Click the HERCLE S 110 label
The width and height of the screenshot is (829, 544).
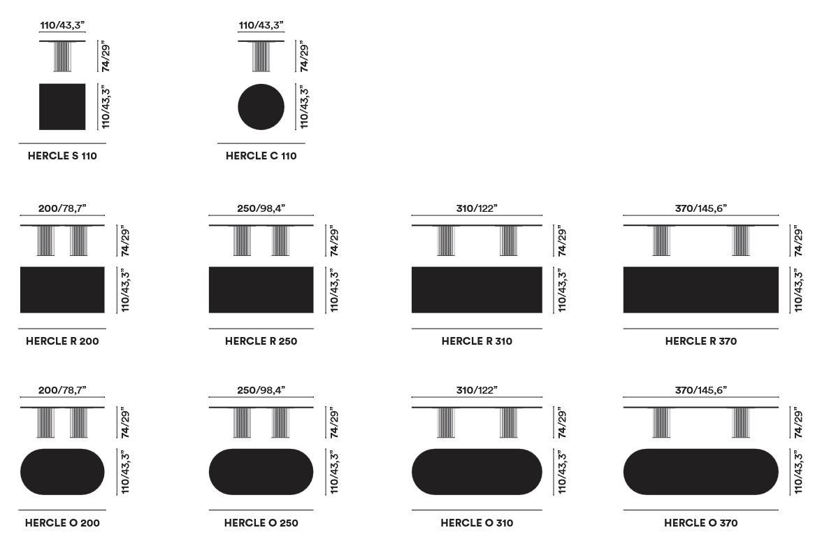[62, 156]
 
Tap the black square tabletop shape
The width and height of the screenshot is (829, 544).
[62, 107]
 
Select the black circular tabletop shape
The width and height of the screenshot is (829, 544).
[261, 107]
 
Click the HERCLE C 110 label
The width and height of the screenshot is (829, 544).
[261, 156]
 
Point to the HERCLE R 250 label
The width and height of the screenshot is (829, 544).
[261, 341]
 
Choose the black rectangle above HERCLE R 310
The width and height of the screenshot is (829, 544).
[477, 289]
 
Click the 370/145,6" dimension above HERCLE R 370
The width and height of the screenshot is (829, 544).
[701, 208]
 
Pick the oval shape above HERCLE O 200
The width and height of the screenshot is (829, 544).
[62, 472]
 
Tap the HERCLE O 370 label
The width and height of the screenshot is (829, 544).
[701, 523]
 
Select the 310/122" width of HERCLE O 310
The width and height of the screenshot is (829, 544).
[477, 390]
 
